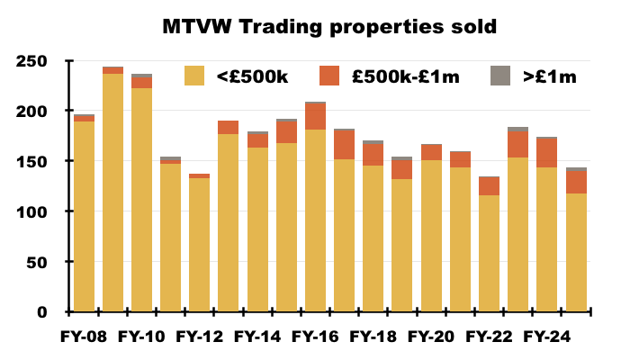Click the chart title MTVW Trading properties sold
329,27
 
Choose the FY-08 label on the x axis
84,338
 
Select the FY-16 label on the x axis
315,338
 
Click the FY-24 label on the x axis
546,338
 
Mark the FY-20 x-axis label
431,338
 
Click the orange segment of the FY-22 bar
489,186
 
